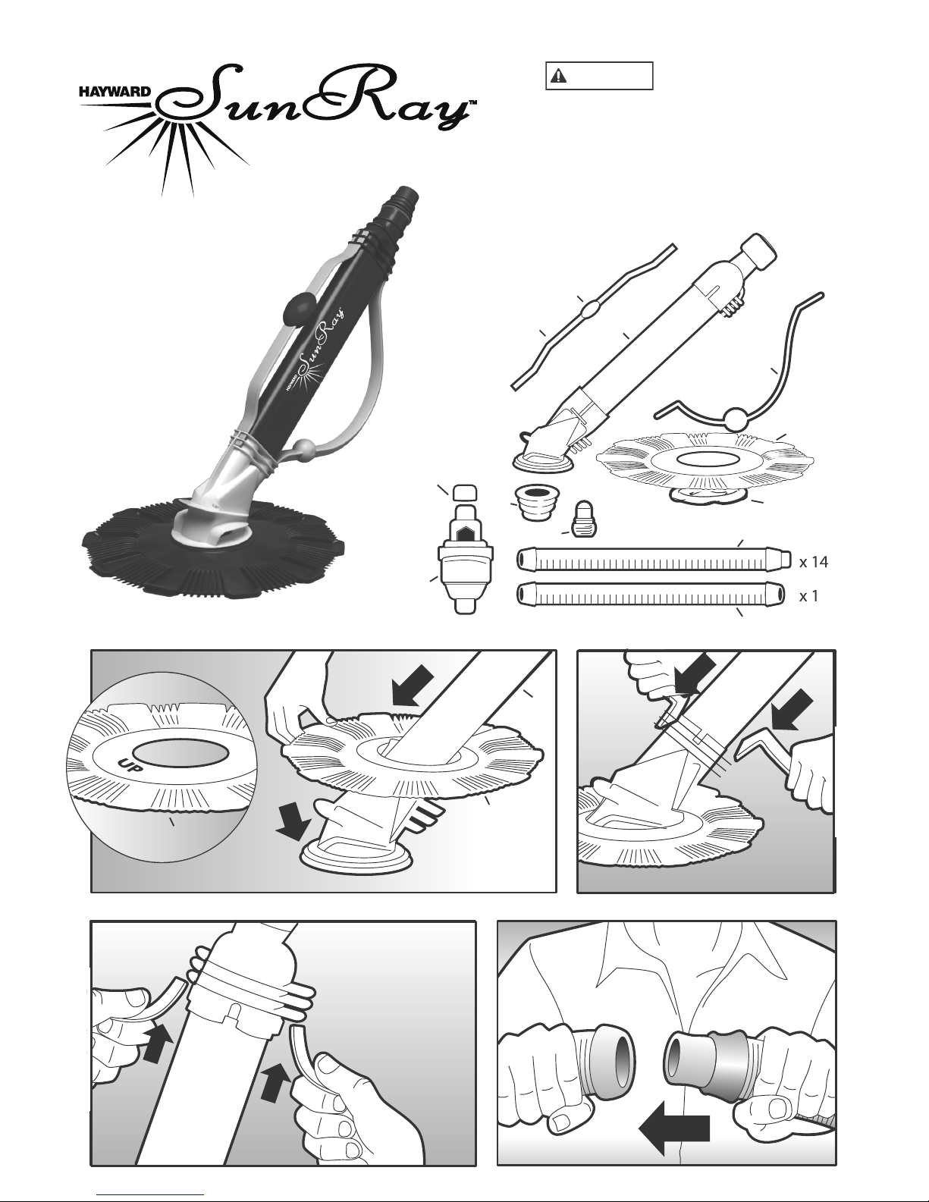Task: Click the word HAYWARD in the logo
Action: pyautogui.click(x=114, y=91)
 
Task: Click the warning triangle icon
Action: pyautogui.click(x=558, y=76)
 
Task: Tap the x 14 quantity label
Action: pyautogui.click(x=814, y=562)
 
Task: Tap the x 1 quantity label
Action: pyautogui.click(x=809, y=596)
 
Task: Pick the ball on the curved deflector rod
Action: pyautogui.click(x=736, y=419)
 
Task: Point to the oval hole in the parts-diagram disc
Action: pyautogui.click(x=705, y=459)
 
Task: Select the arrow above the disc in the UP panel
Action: pyautogui.click(x=413, y=686)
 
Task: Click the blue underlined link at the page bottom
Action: pyautogui.click(x=150, y=1195)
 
